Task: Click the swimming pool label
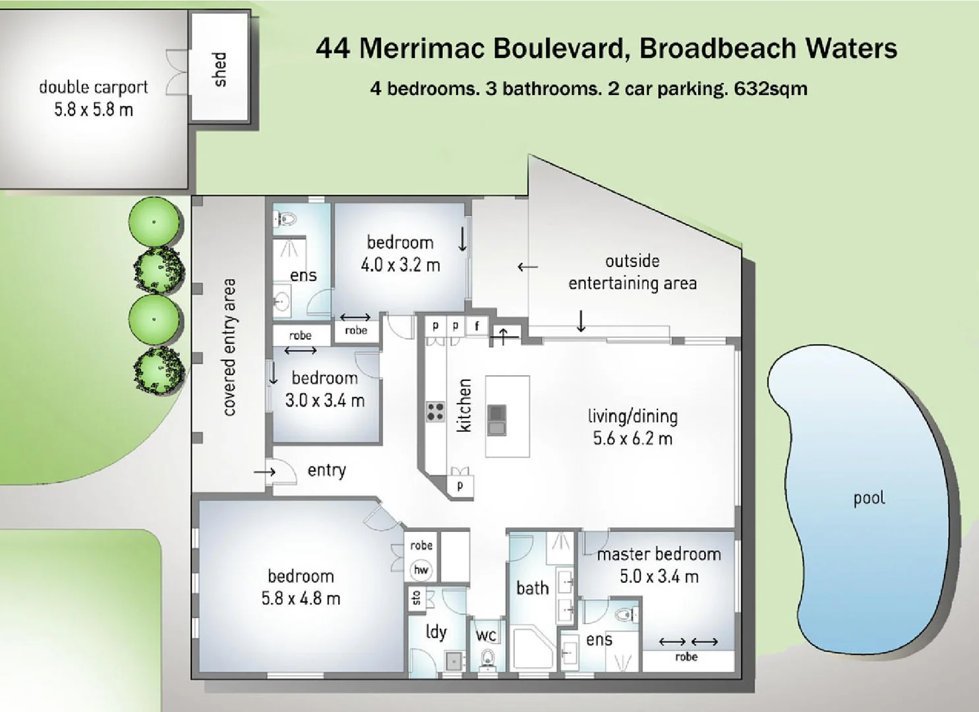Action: (x=869, y=498)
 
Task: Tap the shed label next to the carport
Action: (x=220, y=69)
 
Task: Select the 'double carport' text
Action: (x=93, y=87)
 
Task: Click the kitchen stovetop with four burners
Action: (x=435, y=411)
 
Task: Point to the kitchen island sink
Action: (x=496, y=420)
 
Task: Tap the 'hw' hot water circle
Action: (x=421, y=570)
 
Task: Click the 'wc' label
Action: (x=486, y=636)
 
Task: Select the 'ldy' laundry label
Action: (x=436, y=632)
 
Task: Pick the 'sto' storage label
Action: (x=416, y=597)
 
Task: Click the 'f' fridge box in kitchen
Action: (x=477, y=326)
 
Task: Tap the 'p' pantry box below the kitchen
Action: (x=460, y=486)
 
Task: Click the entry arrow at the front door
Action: (x=264, y=472)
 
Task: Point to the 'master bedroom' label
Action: (x=659, y=554)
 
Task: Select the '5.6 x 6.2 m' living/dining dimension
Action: (x=632, y=439)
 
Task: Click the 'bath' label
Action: (x=532, y=588)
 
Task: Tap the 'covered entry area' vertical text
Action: (x=229, y=347)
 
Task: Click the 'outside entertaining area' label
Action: (x=632, y=272)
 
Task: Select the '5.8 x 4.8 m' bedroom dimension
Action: (x=301, y=599)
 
